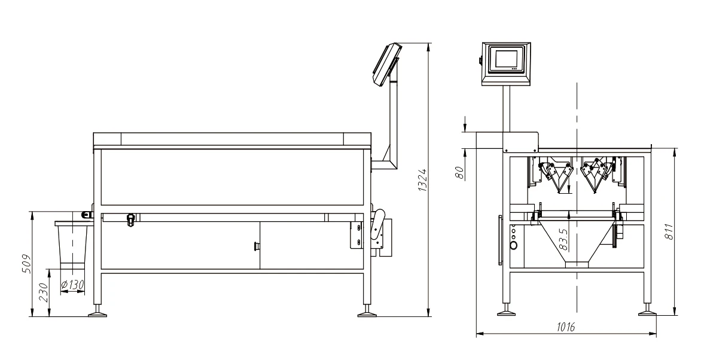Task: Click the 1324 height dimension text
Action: [x=422, y=180]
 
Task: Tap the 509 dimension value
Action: [x=27, y=264]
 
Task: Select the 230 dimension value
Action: [x=44, y=292]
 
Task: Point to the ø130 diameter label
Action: [x=72, y=285]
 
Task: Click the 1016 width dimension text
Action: [x=566, y=327]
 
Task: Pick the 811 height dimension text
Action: [x=669, y=231]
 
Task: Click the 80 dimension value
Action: [x=459, y=173]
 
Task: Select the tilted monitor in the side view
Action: [x=385, y=63]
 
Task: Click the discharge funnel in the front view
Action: [x=577, y=243]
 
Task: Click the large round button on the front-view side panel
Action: [x=514, y=245]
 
